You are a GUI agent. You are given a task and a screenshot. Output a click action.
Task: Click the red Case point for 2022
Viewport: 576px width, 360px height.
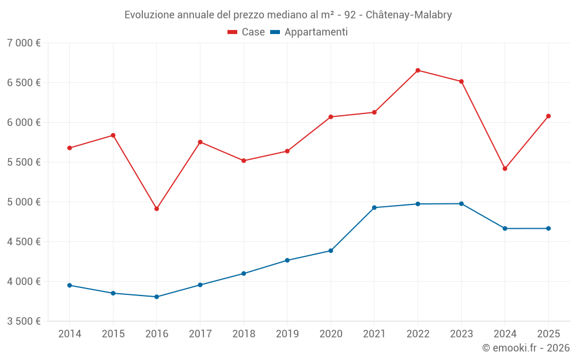418,70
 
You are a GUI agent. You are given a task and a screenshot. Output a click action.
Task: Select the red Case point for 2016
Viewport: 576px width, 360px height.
157,209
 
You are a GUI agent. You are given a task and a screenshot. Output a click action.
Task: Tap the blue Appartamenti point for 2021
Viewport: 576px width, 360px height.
374,207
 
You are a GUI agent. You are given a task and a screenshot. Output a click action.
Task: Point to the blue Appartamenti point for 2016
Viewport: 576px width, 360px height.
157,297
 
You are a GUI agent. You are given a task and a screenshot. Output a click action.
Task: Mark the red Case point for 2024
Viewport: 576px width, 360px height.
505,169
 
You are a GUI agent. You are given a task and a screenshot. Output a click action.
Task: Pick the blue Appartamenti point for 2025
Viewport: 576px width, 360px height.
548,229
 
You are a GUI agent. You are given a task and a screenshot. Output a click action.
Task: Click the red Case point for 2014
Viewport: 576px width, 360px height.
70,148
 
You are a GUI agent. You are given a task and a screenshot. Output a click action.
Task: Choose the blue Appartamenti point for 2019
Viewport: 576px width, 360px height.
287,260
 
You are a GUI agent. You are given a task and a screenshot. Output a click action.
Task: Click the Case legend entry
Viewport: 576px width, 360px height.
246,32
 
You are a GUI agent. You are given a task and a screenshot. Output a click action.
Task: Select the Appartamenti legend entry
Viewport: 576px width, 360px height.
309,32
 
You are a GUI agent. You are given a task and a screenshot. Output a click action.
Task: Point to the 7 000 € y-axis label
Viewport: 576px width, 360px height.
24,43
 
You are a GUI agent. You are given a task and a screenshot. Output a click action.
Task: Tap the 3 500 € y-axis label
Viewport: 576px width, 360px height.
24,321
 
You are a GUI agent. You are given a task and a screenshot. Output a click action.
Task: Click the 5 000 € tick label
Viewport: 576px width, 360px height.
24,202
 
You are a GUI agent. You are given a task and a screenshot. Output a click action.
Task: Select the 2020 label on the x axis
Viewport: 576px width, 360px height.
331,334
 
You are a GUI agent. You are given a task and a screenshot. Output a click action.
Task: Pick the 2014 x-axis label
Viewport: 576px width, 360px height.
70,334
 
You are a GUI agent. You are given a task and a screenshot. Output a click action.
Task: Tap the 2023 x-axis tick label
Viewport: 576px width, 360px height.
461,334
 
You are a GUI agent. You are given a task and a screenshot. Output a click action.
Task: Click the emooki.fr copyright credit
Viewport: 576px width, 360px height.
525,348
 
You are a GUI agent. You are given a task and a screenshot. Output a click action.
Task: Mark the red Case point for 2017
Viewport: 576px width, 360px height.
200,142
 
